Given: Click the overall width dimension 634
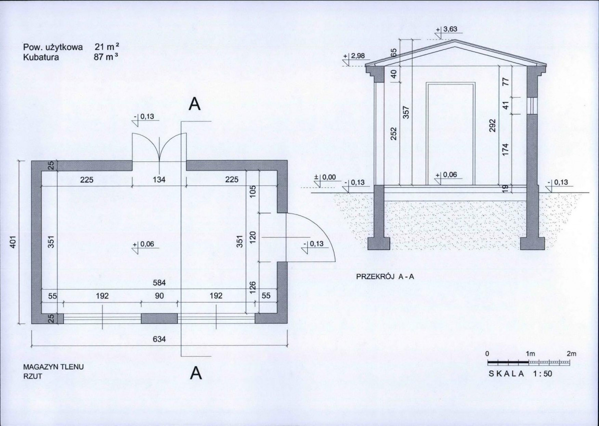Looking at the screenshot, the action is coord(159,339).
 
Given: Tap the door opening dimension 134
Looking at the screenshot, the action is coord(159,179).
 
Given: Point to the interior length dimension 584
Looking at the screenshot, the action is coord(159,283).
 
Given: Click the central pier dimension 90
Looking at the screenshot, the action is coord(159,296).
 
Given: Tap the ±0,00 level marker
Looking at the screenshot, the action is coord(325,177).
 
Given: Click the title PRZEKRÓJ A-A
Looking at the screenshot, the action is coord(385,276).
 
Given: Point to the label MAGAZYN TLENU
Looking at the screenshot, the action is coord(53,367).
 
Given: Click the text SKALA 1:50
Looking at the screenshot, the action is coord(520,373).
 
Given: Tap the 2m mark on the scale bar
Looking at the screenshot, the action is coord(572,354).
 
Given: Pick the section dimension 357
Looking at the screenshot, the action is coord(407,112).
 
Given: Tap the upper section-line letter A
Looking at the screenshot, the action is coord(195,104).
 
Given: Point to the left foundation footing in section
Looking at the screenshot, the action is coord(379,243).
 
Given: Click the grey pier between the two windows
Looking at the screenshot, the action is coord(159,318).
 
